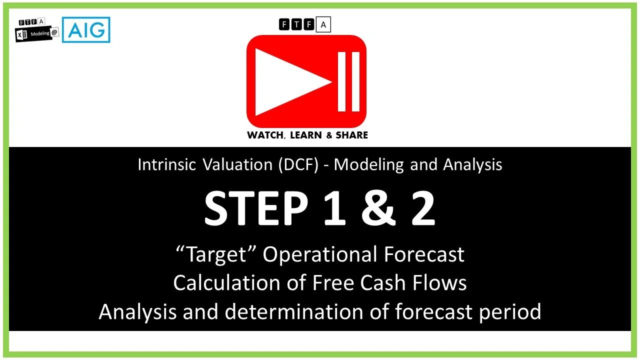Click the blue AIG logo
pyautogui.click(x=86, y=30)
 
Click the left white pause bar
pyautogui.click(x=342, y=81)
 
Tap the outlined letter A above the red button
pyautogui.click(x=323, y=24)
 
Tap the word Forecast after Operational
pyautogui.click(x=424, y=254)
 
